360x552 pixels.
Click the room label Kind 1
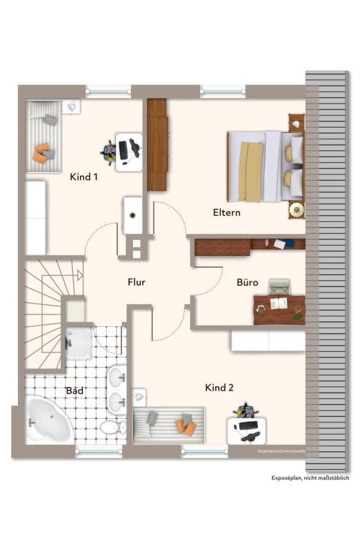83,177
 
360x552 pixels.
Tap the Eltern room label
227,213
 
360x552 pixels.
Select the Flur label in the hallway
136,282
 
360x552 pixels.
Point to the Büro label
248,282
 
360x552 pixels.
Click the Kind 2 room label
219,388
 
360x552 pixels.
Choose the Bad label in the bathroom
74,391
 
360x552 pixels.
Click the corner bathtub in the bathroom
48,420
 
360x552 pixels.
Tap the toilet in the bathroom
113,427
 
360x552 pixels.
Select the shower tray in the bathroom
79,344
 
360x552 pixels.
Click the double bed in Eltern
265,166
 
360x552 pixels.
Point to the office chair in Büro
279,286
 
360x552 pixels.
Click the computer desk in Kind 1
129,152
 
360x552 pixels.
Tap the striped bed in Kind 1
43,136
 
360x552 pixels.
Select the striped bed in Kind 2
168,425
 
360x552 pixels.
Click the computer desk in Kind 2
246,431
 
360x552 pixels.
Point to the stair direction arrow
79,275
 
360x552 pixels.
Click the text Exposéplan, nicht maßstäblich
310,477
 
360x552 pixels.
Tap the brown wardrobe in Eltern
157,145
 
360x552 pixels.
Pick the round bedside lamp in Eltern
297,210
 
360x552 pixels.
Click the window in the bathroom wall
99,451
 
